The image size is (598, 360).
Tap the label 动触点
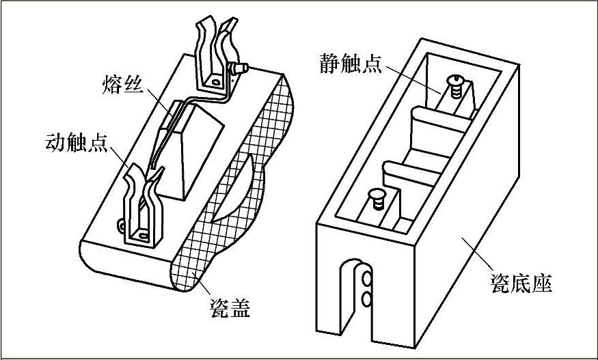coord(73,144)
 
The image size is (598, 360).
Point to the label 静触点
coord(352,64)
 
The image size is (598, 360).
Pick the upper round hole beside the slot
coord(368,278)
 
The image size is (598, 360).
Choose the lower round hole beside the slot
coord(368,298)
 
